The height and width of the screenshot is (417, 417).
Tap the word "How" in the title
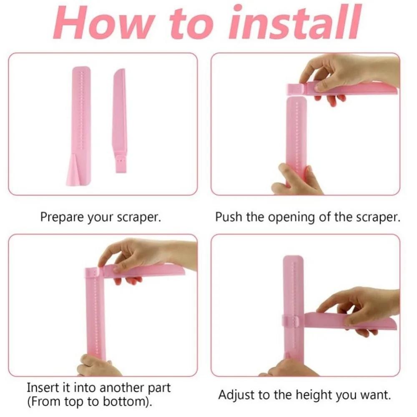pos(103,24)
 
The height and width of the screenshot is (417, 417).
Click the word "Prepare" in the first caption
pos(62,218)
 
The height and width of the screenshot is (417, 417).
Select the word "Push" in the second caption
pos(229,217)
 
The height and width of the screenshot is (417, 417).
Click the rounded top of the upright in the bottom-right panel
pos(293,259)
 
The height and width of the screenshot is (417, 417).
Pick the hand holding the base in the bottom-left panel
pos(98,366)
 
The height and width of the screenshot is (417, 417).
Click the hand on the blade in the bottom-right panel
pos(362,310)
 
